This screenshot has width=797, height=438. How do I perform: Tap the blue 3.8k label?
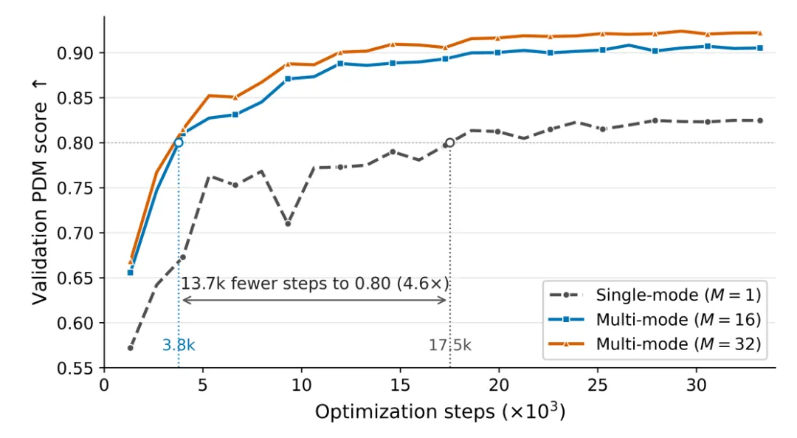[179, 346]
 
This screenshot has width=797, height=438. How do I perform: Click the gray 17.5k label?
[450, 346]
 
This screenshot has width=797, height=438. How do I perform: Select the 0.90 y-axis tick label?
[76, 53]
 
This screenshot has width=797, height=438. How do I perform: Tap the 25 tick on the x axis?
[597, 386]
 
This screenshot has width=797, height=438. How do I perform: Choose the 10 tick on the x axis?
[301, 386]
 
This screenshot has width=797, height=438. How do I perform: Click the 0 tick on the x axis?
[104, 386]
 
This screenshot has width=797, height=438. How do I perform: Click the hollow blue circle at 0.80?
[179, 143]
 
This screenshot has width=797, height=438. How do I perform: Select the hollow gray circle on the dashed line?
[450, 143]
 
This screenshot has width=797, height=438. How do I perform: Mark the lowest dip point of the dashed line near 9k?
[288, 224]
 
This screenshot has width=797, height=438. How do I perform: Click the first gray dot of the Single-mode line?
[130, 348]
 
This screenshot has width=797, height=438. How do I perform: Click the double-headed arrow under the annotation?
[314, 300]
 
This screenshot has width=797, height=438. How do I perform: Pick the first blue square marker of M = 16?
[130, 273]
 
